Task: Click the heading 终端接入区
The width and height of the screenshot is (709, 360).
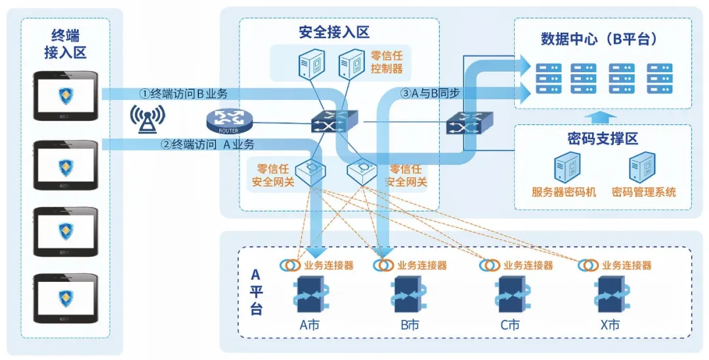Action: click(65, 44)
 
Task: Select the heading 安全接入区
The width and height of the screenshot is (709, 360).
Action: click(334, 32)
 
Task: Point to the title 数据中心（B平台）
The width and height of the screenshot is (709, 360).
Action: click(599, 39)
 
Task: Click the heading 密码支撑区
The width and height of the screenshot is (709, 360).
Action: click(603, 139)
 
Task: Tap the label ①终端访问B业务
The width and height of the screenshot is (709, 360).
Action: click(183, 94)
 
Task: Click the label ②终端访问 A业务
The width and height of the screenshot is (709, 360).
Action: click(208, 145)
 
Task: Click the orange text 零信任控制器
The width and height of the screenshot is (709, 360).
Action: click(387, 62)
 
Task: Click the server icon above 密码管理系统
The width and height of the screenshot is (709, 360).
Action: click(642, 167)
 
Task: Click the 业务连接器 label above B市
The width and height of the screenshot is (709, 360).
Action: click(422, 265)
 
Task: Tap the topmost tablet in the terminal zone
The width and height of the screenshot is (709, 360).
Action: click(66, 95)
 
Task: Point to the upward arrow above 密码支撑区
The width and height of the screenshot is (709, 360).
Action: click(603, 117)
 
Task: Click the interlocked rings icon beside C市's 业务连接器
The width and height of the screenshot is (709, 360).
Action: click(489, 265)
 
